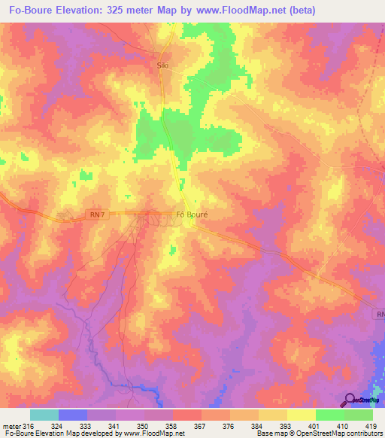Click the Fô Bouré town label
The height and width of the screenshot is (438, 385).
[x=191, y=214]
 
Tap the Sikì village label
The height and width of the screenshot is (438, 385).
[x=162, y=65]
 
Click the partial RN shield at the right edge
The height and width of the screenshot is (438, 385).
[x=380, y=313]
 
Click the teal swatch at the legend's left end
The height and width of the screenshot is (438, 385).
[x=44, y=415]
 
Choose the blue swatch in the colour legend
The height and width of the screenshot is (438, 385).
[x=73, y=415]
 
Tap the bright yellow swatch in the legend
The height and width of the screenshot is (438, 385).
[x=302, y=415]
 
